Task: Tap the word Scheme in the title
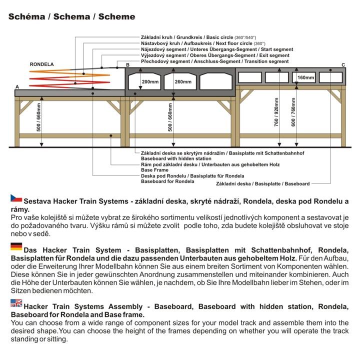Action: point(116,16)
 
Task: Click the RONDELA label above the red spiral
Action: point(42,64)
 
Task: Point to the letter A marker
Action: point(17,86)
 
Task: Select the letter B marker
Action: point(127,65)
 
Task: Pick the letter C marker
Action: point(343,65)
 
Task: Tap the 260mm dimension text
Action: point(183,81)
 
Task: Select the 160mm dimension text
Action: point(305,77)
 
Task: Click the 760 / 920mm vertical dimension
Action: point(276,115)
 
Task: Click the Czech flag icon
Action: point(16,198)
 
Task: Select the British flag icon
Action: point(16,302)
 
